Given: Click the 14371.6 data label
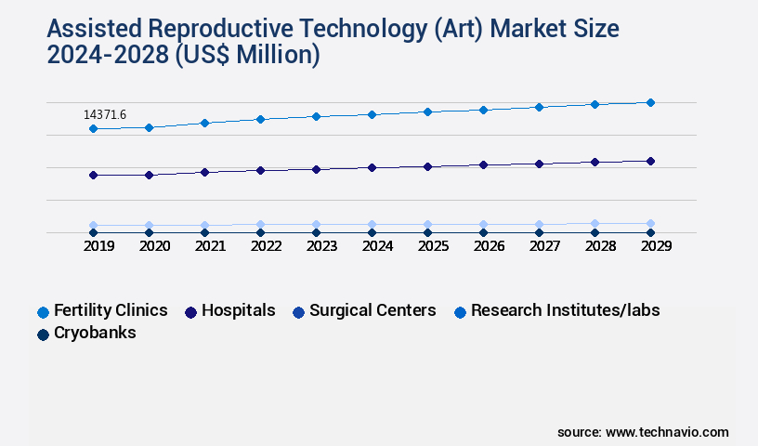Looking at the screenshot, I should (x=105, y=114).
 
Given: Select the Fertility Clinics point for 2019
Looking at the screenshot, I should (x=93, y=128).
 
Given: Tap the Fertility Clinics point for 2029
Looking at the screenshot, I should (x=650, y=102).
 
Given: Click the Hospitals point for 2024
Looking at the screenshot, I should (x=372, y=167).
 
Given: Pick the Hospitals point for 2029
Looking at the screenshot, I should (x=650, y=161).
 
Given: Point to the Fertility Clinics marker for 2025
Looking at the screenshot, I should (x=427, y=111).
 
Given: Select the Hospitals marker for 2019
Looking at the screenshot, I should (x=93, y=175).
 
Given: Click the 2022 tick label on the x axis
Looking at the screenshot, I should (x=266, y=246).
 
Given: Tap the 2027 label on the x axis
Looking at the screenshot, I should (x=544, y=246).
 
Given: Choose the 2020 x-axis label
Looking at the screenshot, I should (x=154, y=246).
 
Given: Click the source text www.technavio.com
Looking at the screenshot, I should (x=667, y=432).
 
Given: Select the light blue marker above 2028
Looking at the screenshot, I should (x=595, y=224).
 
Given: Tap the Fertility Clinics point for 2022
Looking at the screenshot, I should (x=260, y=119).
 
